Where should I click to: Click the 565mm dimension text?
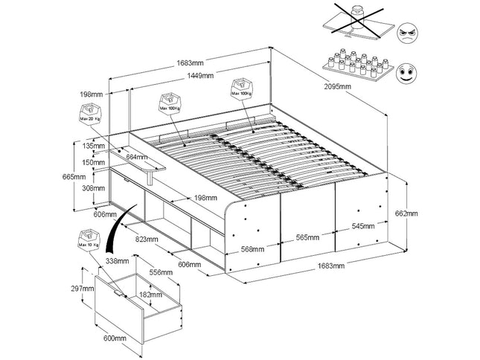click(x=307, y=238)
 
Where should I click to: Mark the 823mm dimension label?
click(x=147, y=240)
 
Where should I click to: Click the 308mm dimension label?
click(x=94, y=189)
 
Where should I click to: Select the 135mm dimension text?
click(x=94, y=147)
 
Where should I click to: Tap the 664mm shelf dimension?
click(x=136, y=157)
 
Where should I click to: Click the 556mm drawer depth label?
click(x=161, y=273)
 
